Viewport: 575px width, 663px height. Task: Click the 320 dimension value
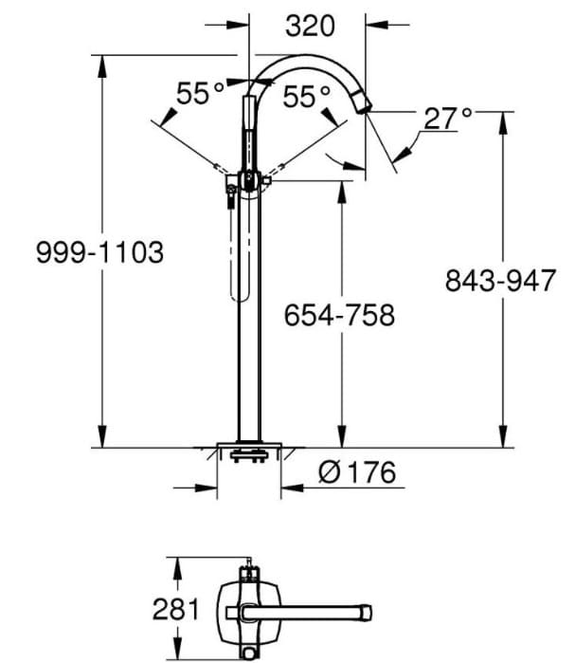tap(309, 26)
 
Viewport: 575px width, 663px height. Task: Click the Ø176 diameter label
tap(356, 471)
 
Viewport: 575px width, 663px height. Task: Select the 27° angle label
tap(447, 119)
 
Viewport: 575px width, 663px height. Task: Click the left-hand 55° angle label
tap(201, 95)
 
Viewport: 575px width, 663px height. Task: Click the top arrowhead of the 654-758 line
tap(342, 186)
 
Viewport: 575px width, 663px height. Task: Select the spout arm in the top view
tap(322, 608)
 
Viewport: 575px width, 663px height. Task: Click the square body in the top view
tap(249, 607)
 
